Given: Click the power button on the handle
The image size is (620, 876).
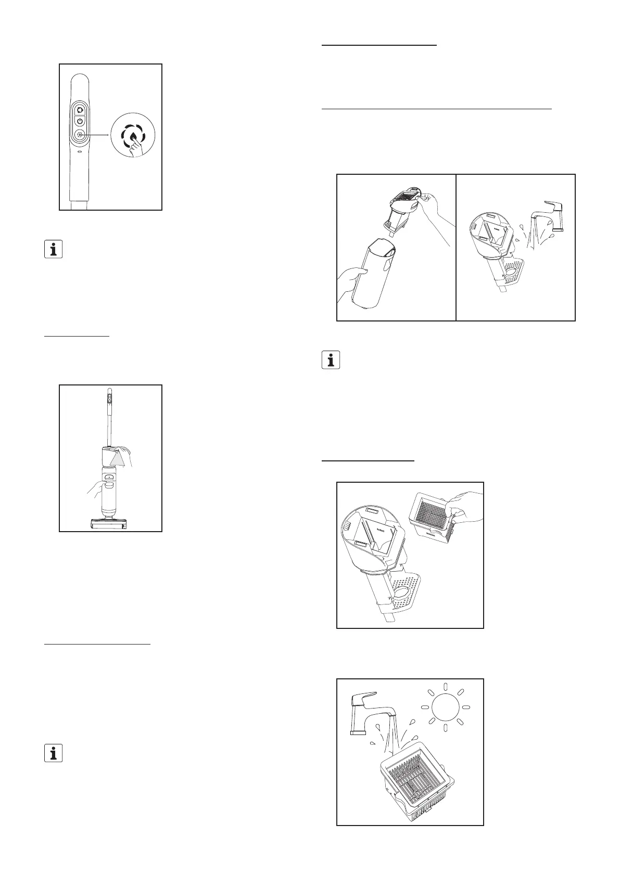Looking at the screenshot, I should [80, 121].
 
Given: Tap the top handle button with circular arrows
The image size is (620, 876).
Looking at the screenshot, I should [80, 110].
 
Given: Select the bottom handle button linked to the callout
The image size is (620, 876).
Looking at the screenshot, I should [80, 135].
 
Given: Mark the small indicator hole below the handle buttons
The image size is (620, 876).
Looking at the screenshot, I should [80, 153].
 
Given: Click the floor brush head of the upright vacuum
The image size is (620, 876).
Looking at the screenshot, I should [110, 524].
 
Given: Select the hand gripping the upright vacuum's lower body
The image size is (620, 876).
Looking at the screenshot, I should [96, 489].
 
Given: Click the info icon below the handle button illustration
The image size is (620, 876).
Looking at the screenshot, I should [53, 249].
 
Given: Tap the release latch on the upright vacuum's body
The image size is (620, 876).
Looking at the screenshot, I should [110, 476].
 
